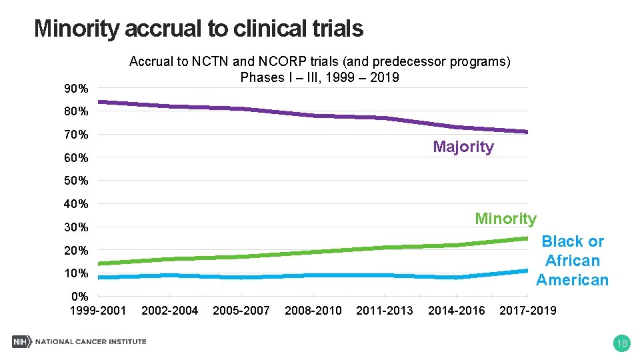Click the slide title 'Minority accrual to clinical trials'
click(x=198, y=29)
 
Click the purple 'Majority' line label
click(x=463, y=147)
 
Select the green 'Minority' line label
click(x=505, y=219)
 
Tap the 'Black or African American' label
click(x=572, y=261)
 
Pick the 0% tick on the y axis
click(x=79, y=296)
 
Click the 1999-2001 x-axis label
click(x=98, y=310)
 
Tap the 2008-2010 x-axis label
click(x=313, y=310)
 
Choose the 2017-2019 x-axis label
click(x=527, y=310)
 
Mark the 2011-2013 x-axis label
click(x=385, y=310)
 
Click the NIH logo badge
click(x=21, y=342)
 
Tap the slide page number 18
click(x=621, y=343)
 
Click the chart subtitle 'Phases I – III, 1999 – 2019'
click(x=319, y=77)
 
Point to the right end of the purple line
click(x=527, y=132)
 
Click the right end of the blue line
click(x=527, y=271)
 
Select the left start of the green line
click(x=99, y=263)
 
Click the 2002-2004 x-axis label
click(x=170, y=310)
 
